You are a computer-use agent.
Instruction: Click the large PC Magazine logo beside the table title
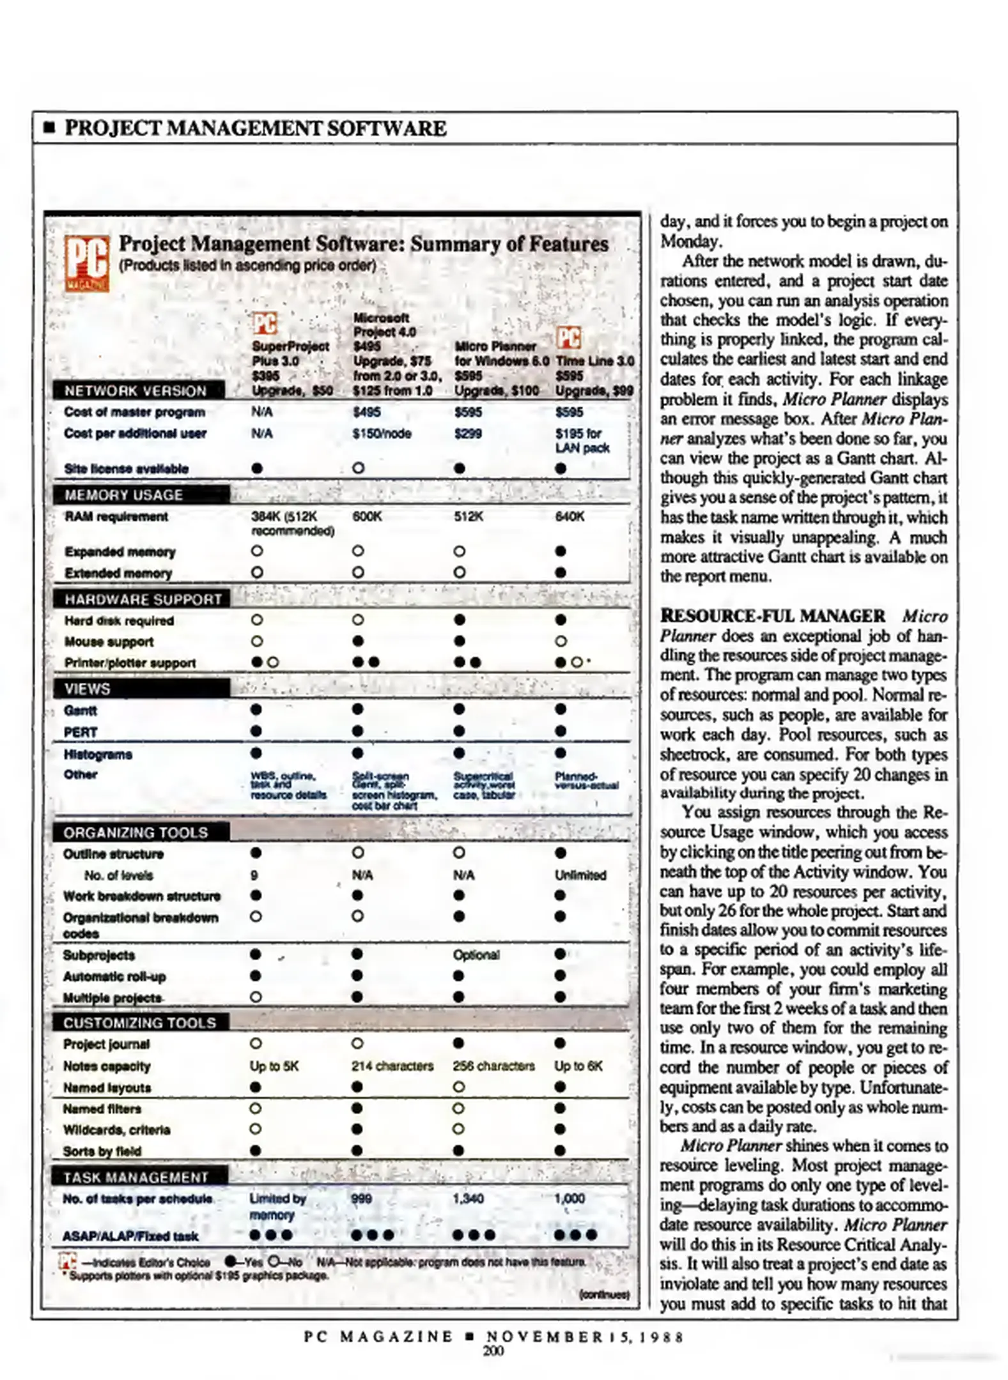pos(87,263)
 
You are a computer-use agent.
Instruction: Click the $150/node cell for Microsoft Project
pos(382,434)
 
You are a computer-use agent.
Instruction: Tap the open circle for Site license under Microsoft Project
pos(359,468)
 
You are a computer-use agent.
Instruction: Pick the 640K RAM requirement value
pos(569,516)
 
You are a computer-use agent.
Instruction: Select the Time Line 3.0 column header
pos(594,361)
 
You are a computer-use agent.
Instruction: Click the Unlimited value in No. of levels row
pos(580,875)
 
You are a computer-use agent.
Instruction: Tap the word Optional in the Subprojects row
pos(476,954)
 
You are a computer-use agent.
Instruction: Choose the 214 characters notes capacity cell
pos(392,1066)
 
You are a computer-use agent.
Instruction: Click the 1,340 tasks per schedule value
pos(468,1199)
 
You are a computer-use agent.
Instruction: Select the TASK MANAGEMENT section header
pos(136,1177)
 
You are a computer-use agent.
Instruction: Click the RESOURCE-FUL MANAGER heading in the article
pos(772,616)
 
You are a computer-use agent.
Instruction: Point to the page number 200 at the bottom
pos(493,1351)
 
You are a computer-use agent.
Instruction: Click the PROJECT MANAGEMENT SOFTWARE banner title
pos(255,128)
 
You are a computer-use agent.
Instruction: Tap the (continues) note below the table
pos(603,1294)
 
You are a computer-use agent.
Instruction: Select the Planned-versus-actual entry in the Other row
pos(585,781)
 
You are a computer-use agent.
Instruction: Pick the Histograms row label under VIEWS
pos(98,755)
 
